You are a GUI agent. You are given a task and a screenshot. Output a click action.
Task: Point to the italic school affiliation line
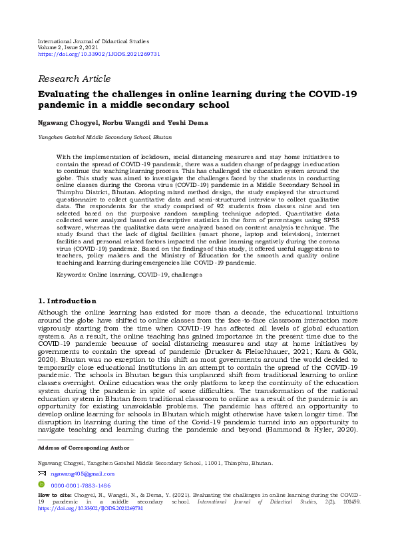pos(104,136)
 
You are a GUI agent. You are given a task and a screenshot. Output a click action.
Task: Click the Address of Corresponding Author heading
pos(82,448)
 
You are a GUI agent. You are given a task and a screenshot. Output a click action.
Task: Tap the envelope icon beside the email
pos(42,474)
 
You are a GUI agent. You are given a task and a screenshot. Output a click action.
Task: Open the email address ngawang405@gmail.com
pos(83,474)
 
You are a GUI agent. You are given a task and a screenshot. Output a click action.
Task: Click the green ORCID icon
pos(42,486)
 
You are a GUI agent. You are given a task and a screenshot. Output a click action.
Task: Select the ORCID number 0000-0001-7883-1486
pos(81,486)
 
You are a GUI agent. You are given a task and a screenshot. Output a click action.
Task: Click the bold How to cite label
pos(53,495)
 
